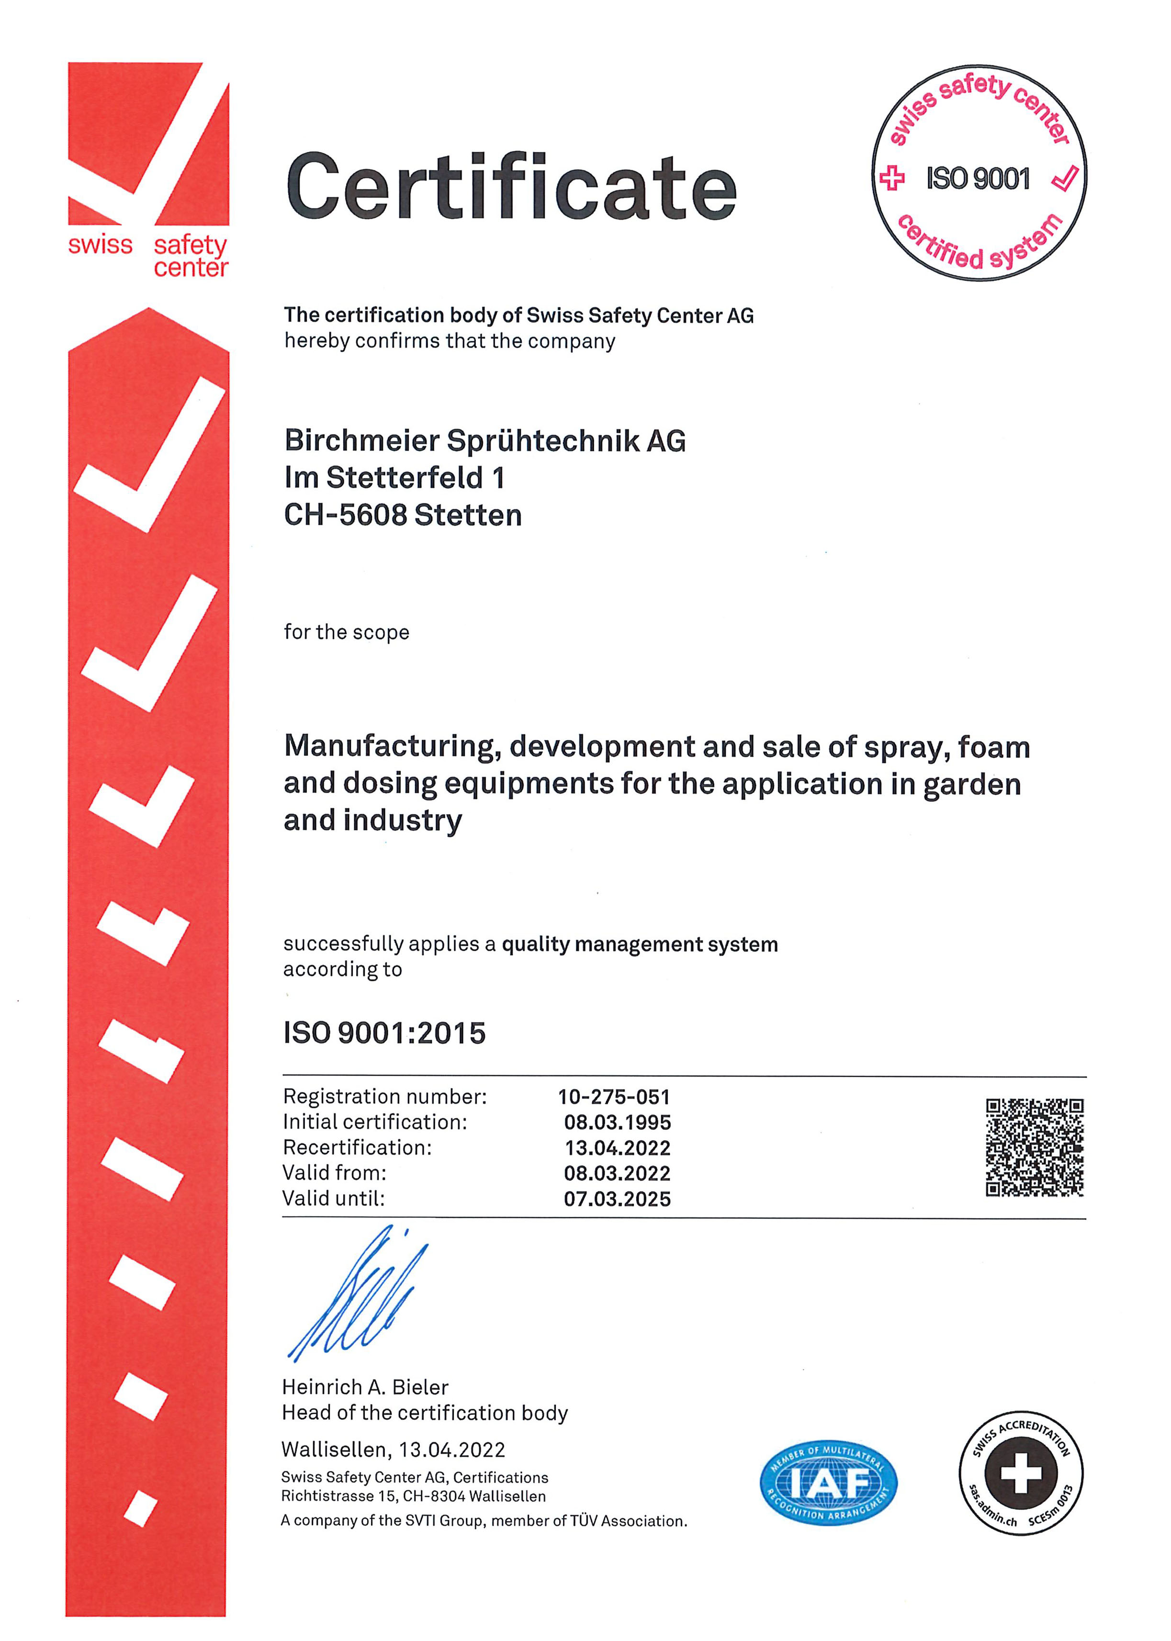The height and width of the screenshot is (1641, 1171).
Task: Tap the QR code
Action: click(1034, 1147)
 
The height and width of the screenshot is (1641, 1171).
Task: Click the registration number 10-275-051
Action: click(614, 1097)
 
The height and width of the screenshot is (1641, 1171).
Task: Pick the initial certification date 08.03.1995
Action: click(617, 1122)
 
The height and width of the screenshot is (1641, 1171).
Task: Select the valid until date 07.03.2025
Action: click(617, 1199)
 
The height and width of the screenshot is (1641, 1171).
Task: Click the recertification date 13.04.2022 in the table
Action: click(617, 1148)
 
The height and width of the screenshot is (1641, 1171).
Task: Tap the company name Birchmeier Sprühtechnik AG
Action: click(484, 440)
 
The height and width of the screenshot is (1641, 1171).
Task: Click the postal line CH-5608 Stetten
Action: click(402, 515)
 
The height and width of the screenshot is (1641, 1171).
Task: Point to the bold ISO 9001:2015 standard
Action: click(384, 1033)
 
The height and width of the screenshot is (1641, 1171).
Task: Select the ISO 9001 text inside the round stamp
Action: click(978, 178)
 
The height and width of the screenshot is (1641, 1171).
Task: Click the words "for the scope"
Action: click(346, 632)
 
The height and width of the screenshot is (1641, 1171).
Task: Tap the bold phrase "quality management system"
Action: click(640, 944)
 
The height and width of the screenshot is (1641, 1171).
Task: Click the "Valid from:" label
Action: click(335, 1173)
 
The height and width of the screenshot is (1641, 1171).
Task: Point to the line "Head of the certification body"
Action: click(425, 1413)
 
